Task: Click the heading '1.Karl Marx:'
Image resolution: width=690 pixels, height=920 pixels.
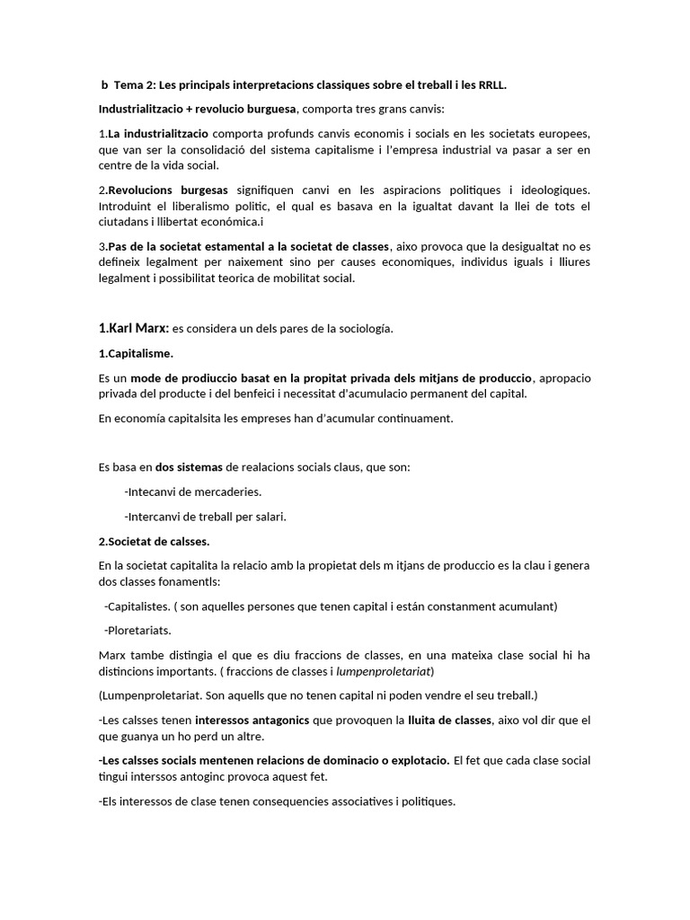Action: click(x=133, y=328)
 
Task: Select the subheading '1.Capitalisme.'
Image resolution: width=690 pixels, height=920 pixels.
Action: click(x=136, y=353)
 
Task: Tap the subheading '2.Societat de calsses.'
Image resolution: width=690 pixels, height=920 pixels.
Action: click(x=154, y=542)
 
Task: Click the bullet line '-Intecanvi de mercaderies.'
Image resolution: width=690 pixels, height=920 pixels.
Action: click(x=193, y=491)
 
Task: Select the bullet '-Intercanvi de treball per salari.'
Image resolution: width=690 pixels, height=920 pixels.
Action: click(x=206, y=517)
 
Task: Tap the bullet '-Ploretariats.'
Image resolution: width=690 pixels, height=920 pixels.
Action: click(x=137, y=630)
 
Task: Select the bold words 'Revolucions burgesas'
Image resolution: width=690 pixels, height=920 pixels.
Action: click(x=167, y=190)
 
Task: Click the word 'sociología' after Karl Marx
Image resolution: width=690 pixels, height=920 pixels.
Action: click(x=361, y=329)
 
